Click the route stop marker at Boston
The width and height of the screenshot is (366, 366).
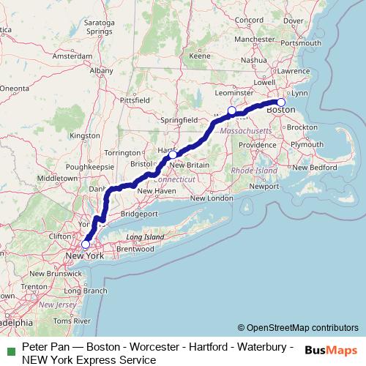click(281, 102)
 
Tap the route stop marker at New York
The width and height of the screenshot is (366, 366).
click(86, 244)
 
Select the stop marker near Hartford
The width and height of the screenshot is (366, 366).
click(172, 154)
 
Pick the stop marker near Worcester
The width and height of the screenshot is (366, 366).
click(231, 111)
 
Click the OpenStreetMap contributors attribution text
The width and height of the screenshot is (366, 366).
click(298, 328)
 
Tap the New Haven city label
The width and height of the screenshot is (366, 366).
click(157, 191)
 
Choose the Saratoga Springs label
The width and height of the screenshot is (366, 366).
click(100, 28)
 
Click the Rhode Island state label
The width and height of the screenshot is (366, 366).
click(254, 170)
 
